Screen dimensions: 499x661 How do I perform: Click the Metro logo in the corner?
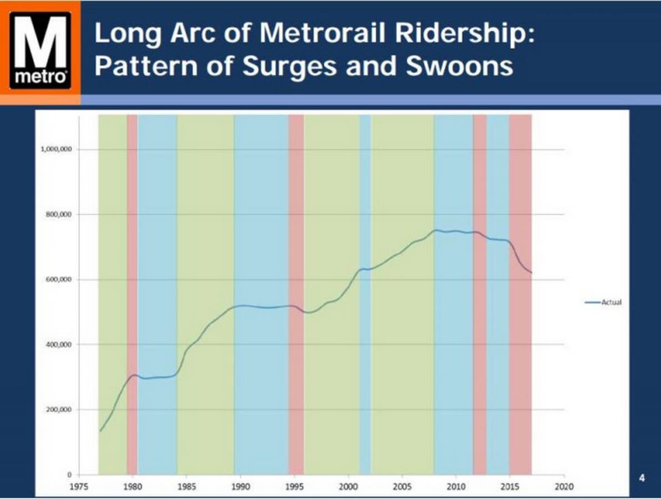click(x=40, y=51)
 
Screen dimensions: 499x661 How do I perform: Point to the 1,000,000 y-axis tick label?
click(x=57, y=150)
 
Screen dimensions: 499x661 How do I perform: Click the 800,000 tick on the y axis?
click(x=60, y=215)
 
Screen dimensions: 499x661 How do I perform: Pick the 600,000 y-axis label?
click(x=60, y=279)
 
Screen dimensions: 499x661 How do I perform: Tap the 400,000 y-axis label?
click(x=60, y=345)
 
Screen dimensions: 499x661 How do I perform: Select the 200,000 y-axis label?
click(x=60, y=410)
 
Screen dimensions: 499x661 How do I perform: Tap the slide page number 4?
click(x=642, y=479)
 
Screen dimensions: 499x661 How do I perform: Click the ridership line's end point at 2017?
click(x=531, y=272)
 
